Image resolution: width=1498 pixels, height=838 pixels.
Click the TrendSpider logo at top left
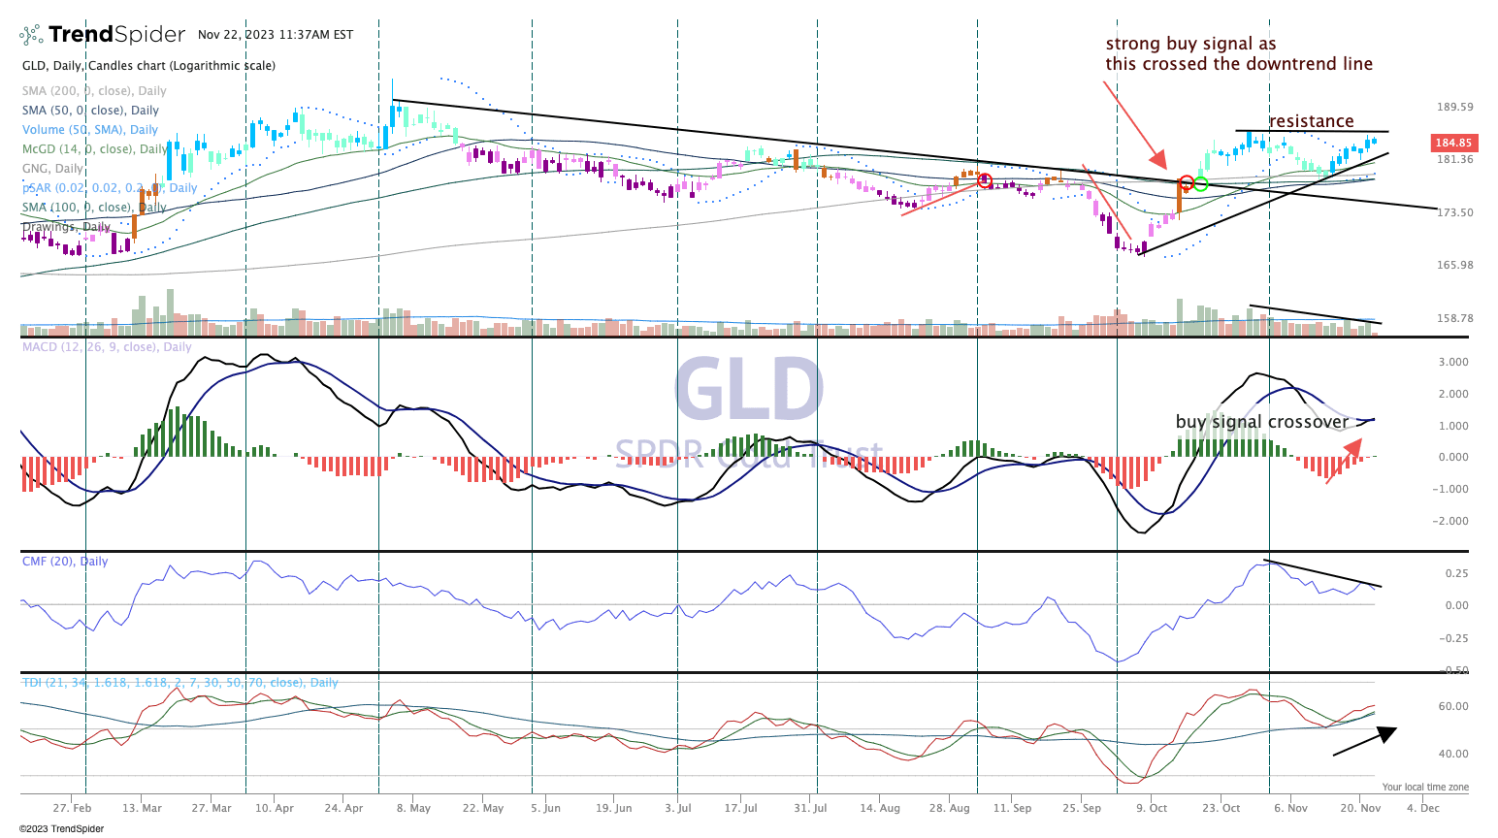click(103, 35)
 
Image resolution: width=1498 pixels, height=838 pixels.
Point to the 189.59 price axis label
click(1454, 107)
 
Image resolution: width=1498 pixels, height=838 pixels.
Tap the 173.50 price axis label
click(1454, 212)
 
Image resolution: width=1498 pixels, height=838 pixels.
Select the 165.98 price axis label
click(1454, 265)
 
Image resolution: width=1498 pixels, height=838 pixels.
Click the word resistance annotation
click(1311, 121)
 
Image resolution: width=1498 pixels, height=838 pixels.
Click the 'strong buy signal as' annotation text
click(1190, 44)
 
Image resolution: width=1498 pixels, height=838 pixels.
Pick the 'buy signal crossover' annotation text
click(1261, 422)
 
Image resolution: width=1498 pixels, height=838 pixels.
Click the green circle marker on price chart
click(1201, 183)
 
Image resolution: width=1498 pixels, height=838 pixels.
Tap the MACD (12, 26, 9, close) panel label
click(107, 347)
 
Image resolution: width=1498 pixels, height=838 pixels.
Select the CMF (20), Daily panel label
click(65, 562)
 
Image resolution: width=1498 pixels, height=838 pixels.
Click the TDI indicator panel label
click(179, 683)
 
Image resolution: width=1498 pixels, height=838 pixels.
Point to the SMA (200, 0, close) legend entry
click(94, 91)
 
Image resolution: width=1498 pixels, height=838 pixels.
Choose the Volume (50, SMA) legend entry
click(90, 130)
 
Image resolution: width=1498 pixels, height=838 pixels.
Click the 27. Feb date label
click(73, 808)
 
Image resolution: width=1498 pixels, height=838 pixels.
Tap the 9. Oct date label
click(1152, 808)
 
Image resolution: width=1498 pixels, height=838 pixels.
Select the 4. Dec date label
click(1423, 808)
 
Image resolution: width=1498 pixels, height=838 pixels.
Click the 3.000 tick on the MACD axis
click(1452, 363)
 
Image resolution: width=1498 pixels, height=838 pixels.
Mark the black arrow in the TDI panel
click(1365, 740)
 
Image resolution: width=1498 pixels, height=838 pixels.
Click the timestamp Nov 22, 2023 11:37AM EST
click(276, 35)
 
